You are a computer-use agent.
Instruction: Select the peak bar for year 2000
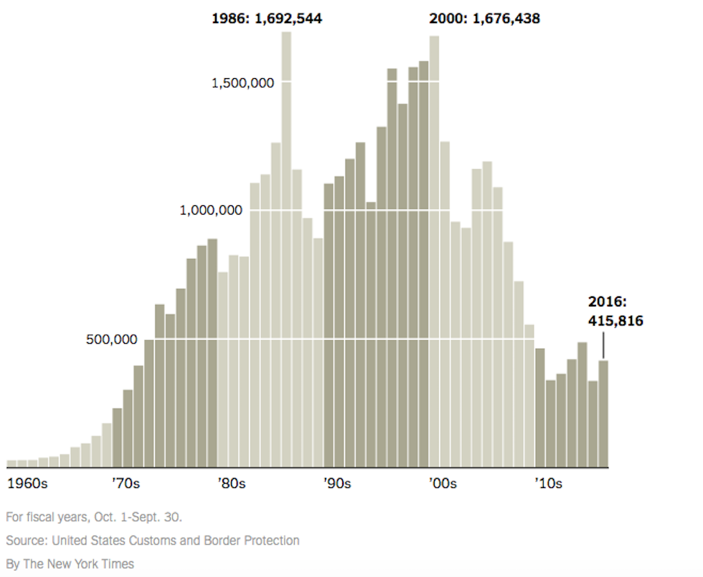434,251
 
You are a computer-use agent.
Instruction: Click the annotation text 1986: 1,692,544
266,19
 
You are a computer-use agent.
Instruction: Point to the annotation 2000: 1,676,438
484,19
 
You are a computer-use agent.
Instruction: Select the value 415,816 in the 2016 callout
615,321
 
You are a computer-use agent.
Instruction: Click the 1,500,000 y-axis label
242,83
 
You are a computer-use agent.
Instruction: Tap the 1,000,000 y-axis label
211,210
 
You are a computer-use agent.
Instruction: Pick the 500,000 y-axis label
111,339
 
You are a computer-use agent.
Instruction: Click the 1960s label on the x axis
27,484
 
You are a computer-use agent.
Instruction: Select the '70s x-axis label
126,484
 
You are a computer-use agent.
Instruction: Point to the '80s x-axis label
232,484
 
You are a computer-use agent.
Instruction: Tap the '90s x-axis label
337,484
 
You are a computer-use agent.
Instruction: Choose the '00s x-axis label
443,484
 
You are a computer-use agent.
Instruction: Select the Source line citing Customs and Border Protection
152,540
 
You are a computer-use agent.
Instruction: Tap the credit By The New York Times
70,563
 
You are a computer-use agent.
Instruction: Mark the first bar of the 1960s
11,463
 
